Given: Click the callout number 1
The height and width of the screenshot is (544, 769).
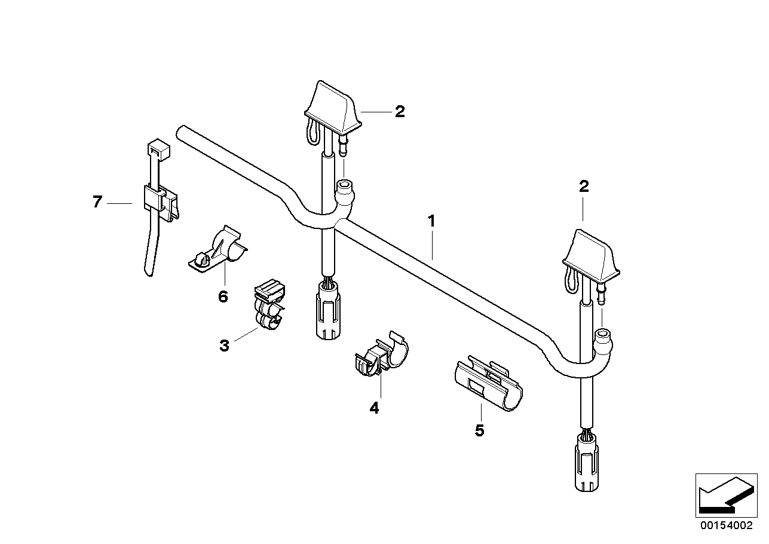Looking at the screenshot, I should click(431, 221).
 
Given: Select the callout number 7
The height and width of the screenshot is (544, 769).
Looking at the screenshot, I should click(97, 202).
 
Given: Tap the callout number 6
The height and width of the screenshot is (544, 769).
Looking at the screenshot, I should click(223, 297).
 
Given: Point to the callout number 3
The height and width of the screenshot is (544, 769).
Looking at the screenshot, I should click(224, 346).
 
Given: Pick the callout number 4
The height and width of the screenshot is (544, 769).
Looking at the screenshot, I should click(374, 408).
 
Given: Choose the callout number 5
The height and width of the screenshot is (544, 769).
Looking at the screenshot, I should click(479, 430).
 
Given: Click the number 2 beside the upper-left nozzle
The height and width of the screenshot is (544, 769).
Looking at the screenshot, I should click(400, 112).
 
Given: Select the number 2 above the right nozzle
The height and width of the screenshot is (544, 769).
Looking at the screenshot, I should click(584, 187).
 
